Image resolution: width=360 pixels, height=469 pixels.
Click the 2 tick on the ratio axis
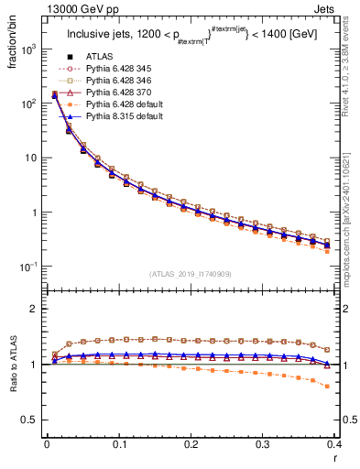[x=37, y=310]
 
